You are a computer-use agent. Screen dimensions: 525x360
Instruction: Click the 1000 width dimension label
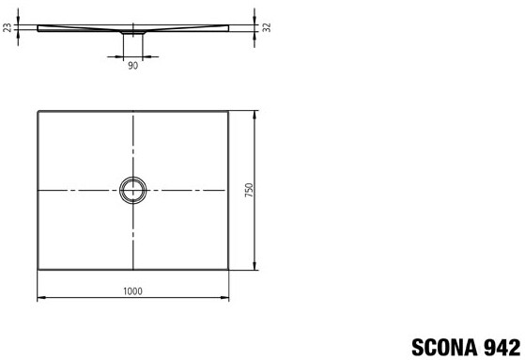coord(132,291)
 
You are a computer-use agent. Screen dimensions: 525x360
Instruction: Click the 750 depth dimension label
coord(250,190)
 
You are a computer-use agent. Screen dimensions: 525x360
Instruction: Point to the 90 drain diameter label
coord(132,66)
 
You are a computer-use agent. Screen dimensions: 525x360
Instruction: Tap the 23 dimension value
coord(8,27)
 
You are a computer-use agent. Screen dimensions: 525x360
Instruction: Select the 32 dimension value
coord(267,27)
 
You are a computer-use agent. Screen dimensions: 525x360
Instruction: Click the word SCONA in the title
coord(445,347)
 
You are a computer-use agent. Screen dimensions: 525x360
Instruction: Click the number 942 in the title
coord(502,347)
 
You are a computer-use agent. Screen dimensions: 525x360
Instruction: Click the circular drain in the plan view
coord(133,178)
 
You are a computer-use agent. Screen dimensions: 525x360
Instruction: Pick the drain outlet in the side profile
coord(133,33)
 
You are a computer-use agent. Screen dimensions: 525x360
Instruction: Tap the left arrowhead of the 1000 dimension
coord(40,297)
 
